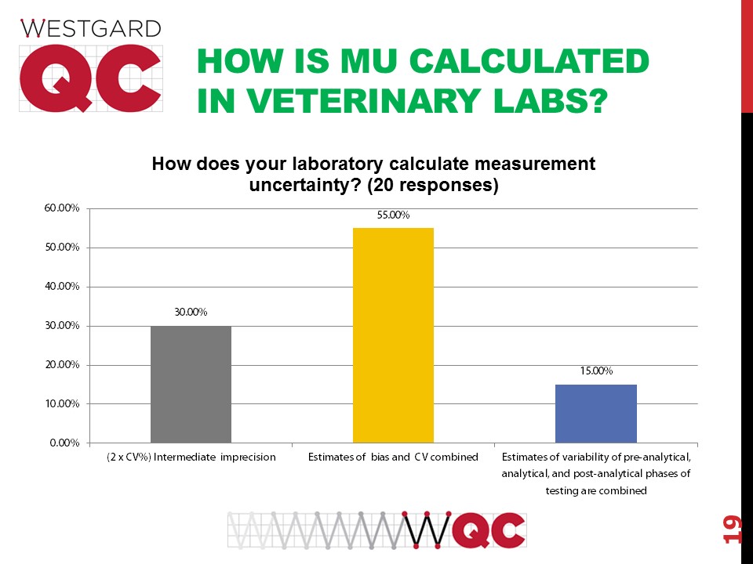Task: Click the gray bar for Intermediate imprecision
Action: coord(191,384)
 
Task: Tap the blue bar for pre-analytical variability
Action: coord(595,414)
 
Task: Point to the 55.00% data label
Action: coord(393,215)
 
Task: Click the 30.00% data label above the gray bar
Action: coord(191,313)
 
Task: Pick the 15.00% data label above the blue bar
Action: coord(596,371)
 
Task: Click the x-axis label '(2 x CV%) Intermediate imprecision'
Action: coord(191,457)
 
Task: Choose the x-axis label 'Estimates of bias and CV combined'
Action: coord(393,457)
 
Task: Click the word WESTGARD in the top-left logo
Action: coord(90,29)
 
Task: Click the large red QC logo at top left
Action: coord(90,78)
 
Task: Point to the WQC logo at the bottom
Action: coord(377,530)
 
